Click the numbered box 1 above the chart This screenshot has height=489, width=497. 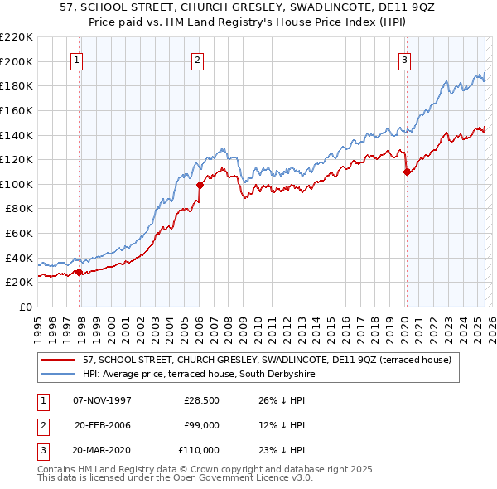coord(76,59)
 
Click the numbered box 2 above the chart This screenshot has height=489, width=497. coord(198,59)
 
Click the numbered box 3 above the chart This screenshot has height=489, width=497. coord(404,59)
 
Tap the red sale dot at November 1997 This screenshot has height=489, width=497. coord(79,272)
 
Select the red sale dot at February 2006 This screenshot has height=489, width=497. coord(200,186)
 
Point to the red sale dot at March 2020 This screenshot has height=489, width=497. coord(407,172)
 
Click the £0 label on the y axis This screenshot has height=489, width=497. coord(26,307)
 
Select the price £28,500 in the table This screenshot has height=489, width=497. coord(201,400)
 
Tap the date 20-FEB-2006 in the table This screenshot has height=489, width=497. coord(103,425)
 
